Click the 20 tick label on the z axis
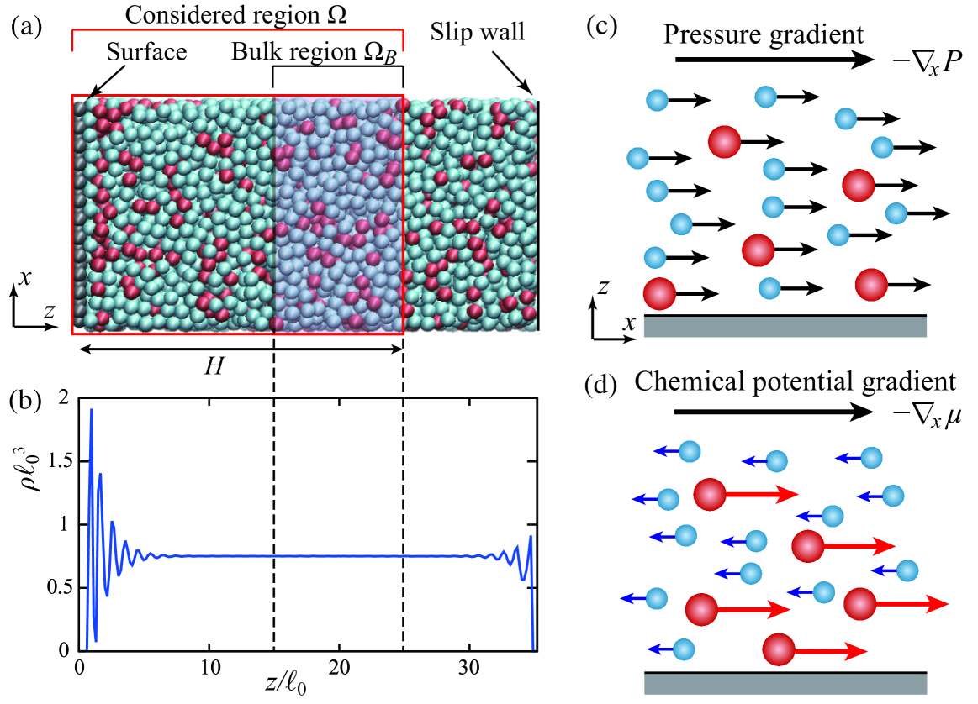(x=339, y=669)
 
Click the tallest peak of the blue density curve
(x=91, y=410)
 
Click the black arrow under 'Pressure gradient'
(x=774, y=59)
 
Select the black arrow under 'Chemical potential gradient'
(x=774, y=412)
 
